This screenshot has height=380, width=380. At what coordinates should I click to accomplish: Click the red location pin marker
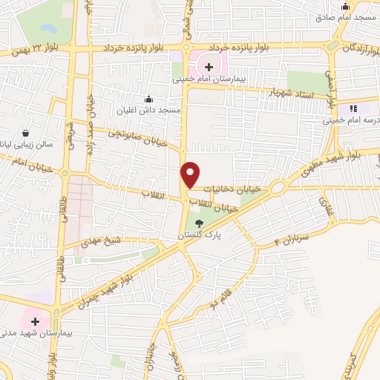coord(191,174)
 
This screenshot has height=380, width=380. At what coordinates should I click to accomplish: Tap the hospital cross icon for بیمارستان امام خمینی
coord(209,67)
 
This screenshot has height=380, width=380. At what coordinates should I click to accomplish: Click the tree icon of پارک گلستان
coord(198,223)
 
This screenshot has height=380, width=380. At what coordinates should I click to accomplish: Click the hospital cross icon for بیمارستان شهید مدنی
coord(35,320)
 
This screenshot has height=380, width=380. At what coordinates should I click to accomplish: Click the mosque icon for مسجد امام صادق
coord(344,7)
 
